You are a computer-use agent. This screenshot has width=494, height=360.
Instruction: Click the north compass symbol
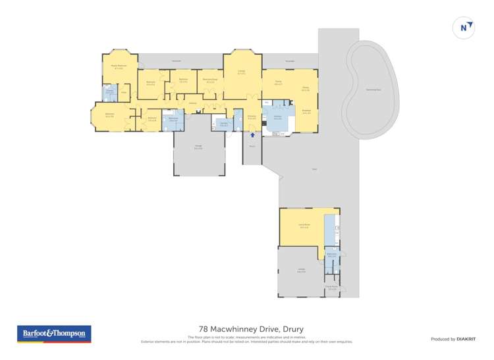tap(464, 27)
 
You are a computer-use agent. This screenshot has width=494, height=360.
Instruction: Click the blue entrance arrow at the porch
tap(252, 134)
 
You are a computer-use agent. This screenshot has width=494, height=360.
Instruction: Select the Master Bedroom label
tap(119, 66)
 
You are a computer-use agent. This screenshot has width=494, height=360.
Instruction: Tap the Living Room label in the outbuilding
tap(303, 226)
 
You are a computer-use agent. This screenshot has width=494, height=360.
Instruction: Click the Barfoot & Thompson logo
tap(54, 334)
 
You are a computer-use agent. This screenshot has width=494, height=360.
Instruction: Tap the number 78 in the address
tap(204, 329)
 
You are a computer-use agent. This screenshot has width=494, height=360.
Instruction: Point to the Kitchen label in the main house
tap(277, 116)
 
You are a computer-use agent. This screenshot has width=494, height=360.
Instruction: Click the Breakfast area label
tap(306, 111)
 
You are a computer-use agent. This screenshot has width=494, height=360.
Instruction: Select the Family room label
tap(278, 82)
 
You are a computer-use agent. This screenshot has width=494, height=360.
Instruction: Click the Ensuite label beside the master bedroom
tap(109, 92)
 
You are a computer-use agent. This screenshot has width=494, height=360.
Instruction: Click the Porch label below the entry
tap(252, 146)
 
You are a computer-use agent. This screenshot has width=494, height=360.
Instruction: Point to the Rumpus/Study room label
tap(210, 80)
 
